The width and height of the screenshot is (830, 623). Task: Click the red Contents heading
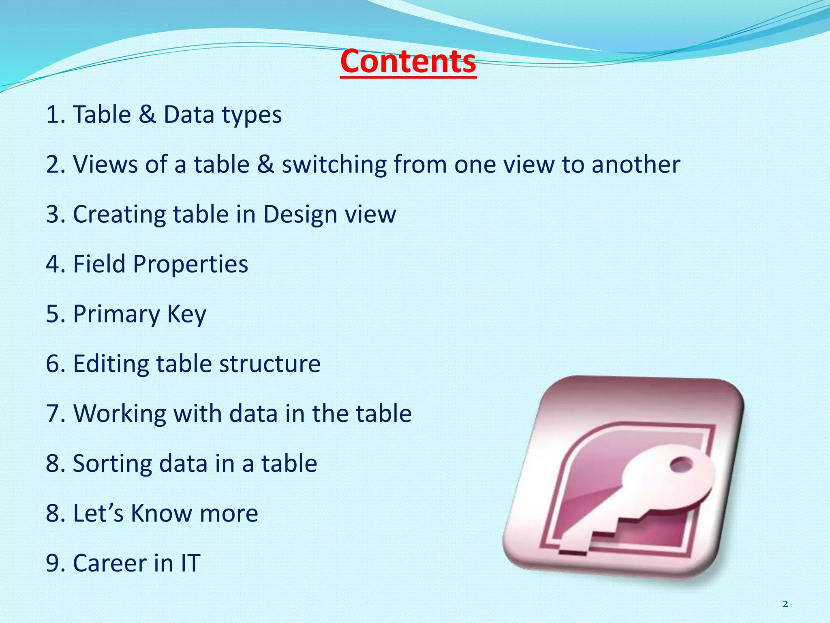[x=408, y=62]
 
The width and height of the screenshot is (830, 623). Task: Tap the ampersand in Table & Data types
[x=147, y=114]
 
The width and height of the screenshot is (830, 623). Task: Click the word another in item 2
[x=635, y=165]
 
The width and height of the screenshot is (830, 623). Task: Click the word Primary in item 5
[x=117, y=314]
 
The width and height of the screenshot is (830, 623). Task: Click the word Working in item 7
[x=120, y=414]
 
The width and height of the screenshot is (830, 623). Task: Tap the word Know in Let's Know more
[x=161, y=513]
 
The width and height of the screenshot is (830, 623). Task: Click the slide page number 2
[x=785, y=604]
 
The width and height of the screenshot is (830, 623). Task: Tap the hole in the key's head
[x=682, y=464]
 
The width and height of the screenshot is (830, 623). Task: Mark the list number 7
[x=53, y=414]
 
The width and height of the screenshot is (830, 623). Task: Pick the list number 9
[x=53, y=563]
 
